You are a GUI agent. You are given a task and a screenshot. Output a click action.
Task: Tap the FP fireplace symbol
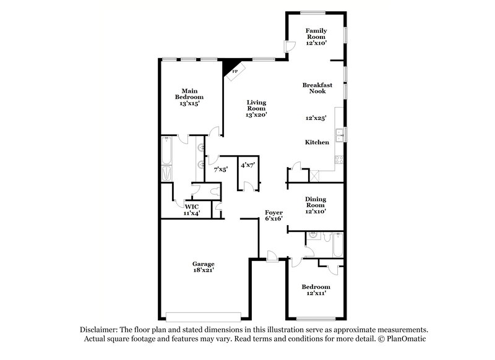tap(235, 71)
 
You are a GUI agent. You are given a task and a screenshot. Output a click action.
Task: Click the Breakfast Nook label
tap(317, 88)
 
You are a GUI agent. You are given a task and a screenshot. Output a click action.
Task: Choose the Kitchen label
tap(317, 142)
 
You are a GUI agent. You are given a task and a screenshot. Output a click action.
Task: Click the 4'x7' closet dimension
tap(247, 164)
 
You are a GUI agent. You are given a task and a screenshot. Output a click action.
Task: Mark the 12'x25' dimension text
tap(316, 118)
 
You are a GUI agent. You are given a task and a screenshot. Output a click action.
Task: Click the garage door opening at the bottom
tap(203, 314)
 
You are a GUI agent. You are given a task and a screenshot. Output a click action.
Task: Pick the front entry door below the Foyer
tap(272, 258)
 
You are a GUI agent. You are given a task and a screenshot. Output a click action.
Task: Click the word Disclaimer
tap(100, 330)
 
